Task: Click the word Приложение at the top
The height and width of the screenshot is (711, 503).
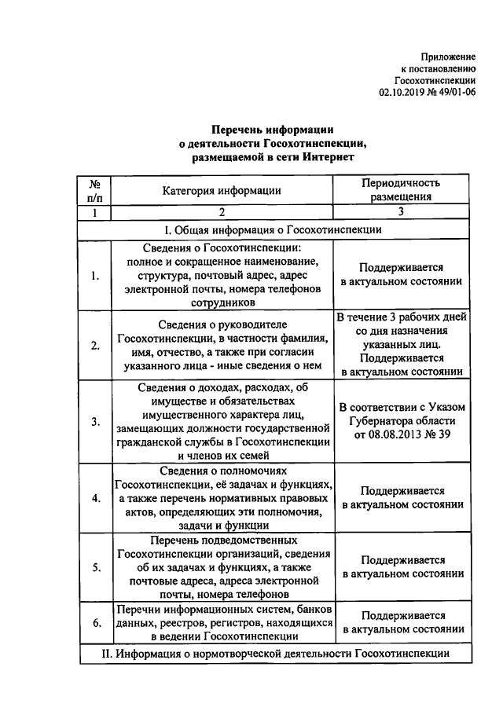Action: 448,57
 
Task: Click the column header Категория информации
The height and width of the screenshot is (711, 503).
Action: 222,190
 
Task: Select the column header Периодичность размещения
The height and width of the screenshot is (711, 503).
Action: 401,190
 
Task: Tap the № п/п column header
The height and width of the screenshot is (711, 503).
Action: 94,190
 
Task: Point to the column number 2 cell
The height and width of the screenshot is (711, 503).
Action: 222,212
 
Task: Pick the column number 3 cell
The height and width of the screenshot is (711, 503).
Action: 401,212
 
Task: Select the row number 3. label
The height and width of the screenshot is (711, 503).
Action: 94,421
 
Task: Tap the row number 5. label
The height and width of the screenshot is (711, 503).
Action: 94,567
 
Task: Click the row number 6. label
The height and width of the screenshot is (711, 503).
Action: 94,623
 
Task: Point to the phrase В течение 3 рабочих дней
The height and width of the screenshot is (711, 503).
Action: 402,318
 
